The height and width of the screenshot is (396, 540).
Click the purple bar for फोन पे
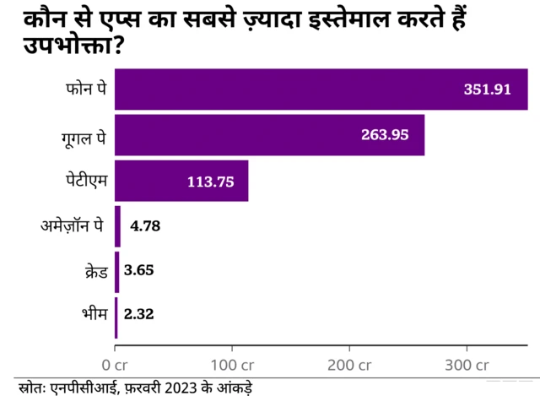[x=321, y=90]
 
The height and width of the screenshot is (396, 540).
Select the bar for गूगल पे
[x=269, y=135]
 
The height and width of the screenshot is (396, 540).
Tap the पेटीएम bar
[x=181, y=181]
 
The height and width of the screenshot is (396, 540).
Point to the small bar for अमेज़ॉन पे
[x=118, y=226]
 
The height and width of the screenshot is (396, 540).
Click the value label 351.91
[x=488, y=90]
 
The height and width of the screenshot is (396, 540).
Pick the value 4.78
[x=144, y=226]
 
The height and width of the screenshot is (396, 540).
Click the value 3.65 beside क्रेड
[x=138, y=271]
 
